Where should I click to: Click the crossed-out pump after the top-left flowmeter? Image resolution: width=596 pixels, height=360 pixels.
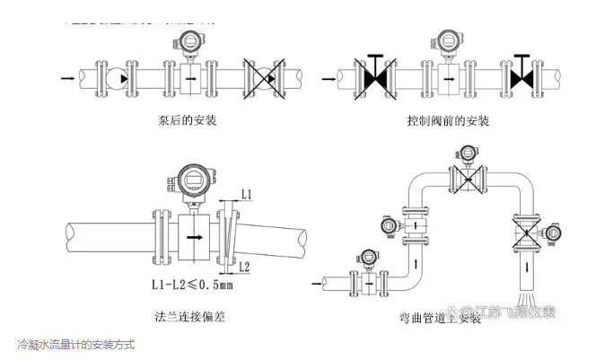pyautogui.click(x=264, y=78)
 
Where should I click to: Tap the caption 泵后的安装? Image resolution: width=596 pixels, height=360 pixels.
pyautogui.click(x=186, y=119)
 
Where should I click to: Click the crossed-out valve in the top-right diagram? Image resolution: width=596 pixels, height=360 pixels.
pyautogui.click(x=375, y=78)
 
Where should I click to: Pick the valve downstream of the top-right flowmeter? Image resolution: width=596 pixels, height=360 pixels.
pyautogui.click(x=523, y=78)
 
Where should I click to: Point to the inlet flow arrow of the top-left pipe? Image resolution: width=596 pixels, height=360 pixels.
pyautogui.click(x=67, y=79)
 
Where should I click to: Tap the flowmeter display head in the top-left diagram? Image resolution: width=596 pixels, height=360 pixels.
pyautogui.click(x=190, y=41)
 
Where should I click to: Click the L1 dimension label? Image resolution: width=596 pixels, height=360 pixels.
pyautogui.click(x=248, y=194)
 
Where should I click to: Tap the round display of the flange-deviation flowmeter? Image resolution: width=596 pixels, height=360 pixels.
pyautogui.click(x=192, y=180)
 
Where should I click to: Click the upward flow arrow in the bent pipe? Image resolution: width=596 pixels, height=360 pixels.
pyautogui.click(x=415, y=263)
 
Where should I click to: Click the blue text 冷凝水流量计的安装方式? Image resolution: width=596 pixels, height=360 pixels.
pyautogui.click(x=75, y=345)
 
